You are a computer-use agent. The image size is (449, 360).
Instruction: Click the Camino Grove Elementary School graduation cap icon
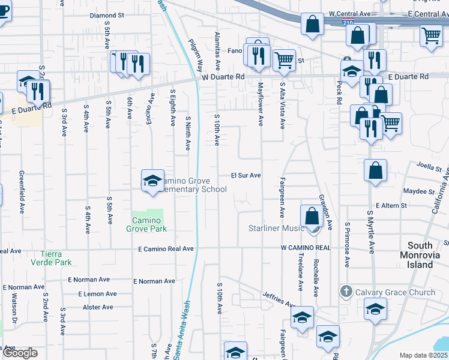pos(152,180)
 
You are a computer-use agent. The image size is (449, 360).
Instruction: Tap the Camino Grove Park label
pos(146,224)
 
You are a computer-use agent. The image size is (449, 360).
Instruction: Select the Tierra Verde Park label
pos(56,258)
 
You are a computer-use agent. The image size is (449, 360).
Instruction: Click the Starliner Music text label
pos(277,229)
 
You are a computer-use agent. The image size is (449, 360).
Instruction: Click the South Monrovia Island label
pos(428,255)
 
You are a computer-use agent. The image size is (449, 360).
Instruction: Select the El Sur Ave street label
pos(246,176)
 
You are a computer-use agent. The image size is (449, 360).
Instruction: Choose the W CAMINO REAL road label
pos(306,248)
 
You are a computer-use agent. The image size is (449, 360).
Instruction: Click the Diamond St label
pos(106,16)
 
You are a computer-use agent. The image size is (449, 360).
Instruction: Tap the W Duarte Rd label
pos(223,77)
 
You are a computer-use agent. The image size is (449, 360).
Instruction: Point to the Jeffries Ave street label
pos(279,299)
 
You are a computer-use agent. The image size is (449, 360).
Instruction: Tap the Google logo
pos(20,353)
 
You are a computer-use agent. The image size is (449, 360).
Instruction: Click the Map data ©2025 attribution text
pos(423,355)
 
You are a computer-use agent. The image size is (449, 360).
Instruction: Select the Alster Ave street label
pos(98,307)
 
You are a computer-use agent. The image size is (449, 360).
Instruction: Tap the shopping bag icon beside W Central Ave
pos(312,25)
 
